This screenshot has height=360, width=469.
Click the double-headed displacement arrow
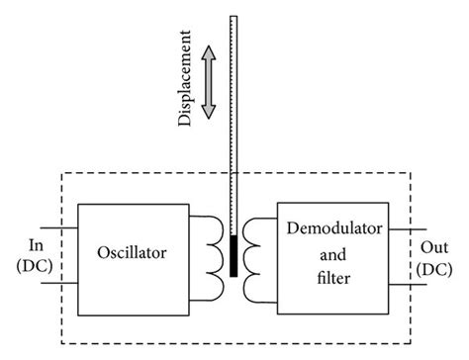click(x=209, y=81)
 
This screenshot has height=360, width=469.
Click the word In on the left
click(x=37, y=242)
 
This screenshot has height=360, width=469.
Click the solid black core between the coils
click(x=233, y=255)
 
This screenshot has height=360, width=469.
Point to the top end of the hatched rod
click(x=233, y=18)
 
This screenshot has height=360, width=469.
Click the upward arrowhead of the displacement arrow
click(x=209, y=51)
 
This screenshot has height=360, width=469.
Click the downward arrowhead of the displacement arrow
click(x=209, y=111)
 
